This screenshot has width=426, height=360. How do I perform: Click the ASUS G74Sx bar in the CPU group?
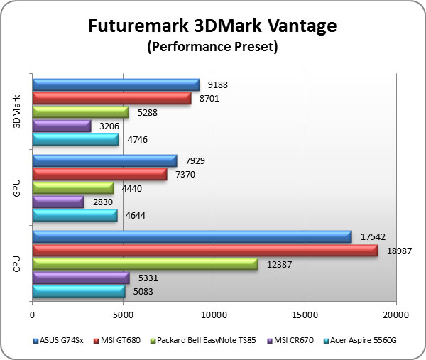(x=192, y=237)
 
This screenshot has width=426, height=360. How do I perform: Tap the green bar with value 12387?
(x=145, y=264)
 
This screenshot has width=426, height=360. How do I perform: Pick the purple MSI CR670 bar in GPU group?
(x=58, y=202)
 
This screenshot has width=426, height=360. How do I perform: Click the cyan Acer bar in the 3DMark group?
(x=75, y=139)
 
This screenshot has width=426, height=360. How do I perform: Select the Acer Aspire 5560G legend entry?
(x=359, y=340)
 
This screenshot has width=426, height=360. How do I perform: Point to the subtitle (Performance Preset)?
(x=212, y=48)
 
